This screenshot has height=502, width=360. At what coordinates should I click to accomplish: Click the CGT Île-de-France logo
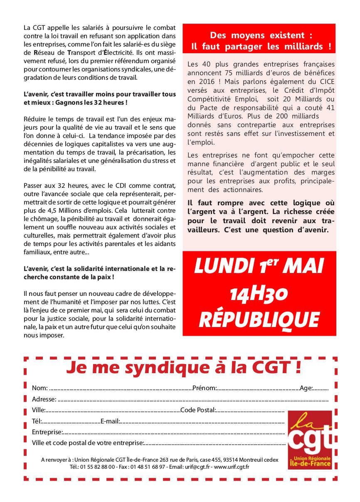pyautogui.click(x=310, y=440)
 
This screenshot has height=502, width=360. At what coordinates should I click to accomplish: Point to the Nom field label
pyautogui.click(x=39, y=388)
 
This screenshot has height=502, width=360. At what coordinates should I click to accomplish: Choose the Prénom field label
pyautogui.click(x=205, y=388)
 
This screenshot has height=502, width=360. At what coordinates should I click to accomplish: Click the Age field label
pyautogui.click(x=306, y=388)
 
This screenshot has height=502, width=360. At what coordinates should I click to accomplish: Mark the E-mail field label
pyautogui.click(x=110, y=421)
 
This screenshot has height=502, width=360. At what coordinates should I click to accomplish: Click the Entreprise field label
pyautogui.click(x=47, y=432)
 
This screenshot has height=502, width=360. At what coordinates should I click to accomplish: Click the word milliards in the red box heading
pyautogui.click(x=305, y=46)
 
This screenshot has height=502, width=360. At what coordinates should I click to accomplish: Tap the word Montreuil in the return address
pyautogui.click(x=252, y=460)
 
